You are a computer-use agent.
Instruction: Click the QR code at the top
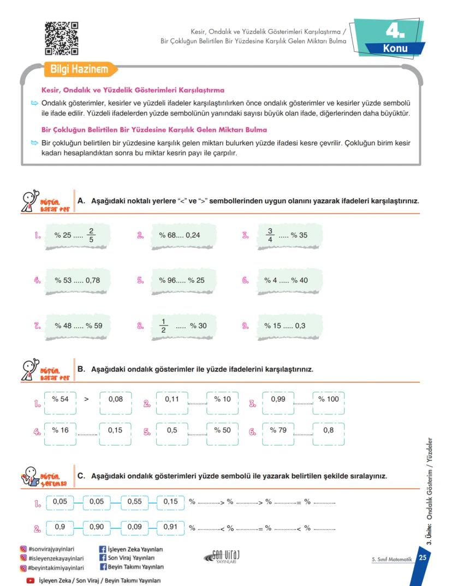click(x=61, y=38)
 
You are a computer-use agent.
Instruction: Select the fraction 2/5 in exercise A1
click(x=92, y=235)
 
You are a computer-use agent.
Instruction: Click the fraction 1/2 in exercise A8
click(x=163, y=325)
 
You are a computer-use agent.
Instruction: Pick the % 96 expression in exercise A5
click(x=168, y=280)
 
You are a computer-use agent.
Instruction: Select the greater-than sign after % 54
click(x=86, y=399)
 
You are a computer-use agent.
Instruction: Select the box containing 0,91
click(x=171, y=528)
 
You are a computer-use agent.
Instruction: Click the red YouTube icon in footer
click(x=31, y=581)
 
